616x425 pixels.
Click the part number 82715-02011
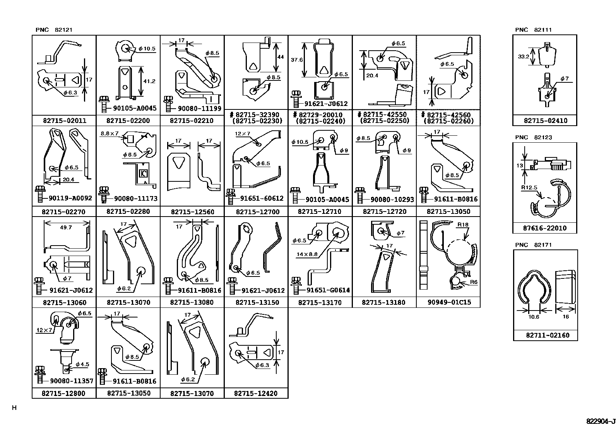coord(65,120)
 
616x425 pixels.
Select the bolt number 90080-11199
coord(199,108)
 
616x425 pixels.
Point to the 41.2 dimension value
coord(149,81)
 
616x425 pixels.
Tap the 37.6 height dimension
coord(297,60)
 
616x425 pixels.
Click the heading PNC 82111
coord(533,30)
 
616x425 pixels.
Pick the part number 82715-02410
coord(546,120)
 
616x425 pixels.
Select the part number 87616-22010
coord(545,228)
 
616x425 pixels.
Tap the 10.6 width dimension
coord(534,317)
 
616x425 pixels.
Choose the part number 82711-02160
coord(548,335)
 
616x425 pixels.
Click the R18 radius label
coord(463,225)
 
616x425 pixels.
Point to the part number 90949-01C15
coord(449,302)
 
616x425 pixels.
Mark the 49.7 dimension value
coord(66,227)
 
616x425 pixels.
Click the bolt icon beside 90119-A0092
coord(41,194)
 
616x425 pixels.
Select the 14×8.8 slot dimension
coord(307,254)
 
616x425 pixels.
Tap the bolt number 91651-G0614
coord(328,290)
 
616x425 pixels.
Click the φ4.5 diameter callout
coord(82,364)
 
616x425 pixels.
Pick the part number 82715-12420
coord(256,393)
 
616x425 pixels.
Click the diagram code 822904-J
coord(601,421)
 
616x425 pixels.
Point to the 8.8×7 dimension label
coord(110,133)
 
